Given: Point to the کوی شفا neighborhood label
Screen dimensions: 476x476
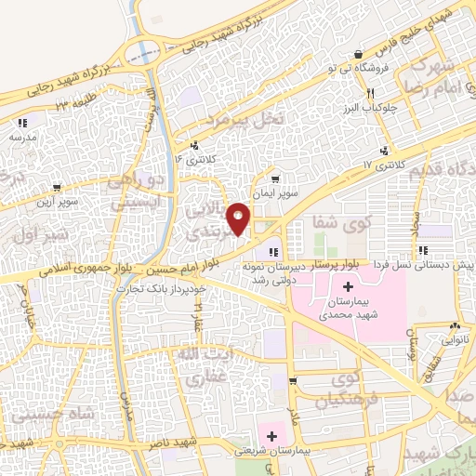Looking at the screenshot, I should click(337, 222).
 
